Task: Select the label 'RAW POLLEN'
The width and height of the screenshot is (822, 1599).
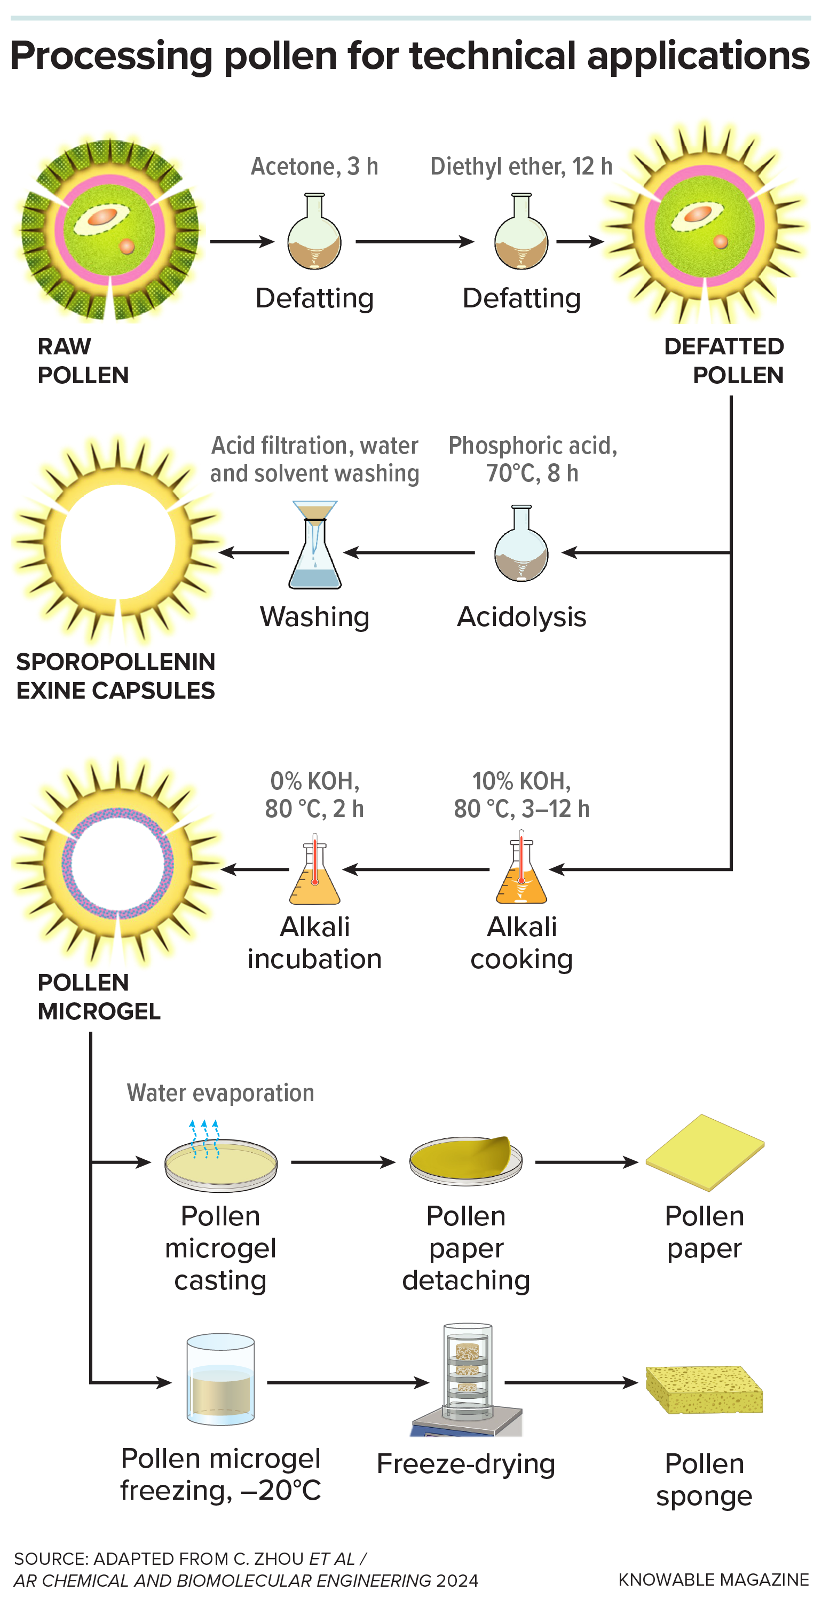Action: (x=83, y=361)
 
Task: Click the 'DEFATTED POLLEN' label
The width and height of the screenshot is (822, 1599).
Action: (x=724, y=361)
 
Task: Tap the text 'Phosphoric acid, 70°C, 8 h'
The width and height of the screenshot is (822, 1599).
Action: (x=533, y=460)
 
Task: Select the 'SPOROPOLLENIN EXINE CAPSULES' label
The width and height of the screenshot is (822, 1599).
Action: (x=115, y=676)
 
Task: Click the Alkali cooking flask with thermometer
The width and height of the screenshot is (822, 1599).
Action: (x=521, y=869)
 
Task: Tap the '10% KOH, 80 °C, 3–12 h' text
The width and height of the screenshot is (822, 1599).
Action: (x=521, y=795)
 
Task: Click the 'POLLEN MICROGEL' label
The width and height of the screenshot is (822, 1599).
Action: (x=99, y=997)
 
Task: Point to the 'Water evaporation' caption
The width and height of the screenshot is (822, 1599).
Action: (x=220, y=1093)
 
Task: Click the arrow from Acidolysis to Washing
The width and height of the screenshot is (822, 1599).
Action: (x=409, y=552)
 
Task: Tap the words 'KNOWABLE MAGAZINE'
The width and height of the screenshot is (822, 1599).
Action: (x=713, y=1580)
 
